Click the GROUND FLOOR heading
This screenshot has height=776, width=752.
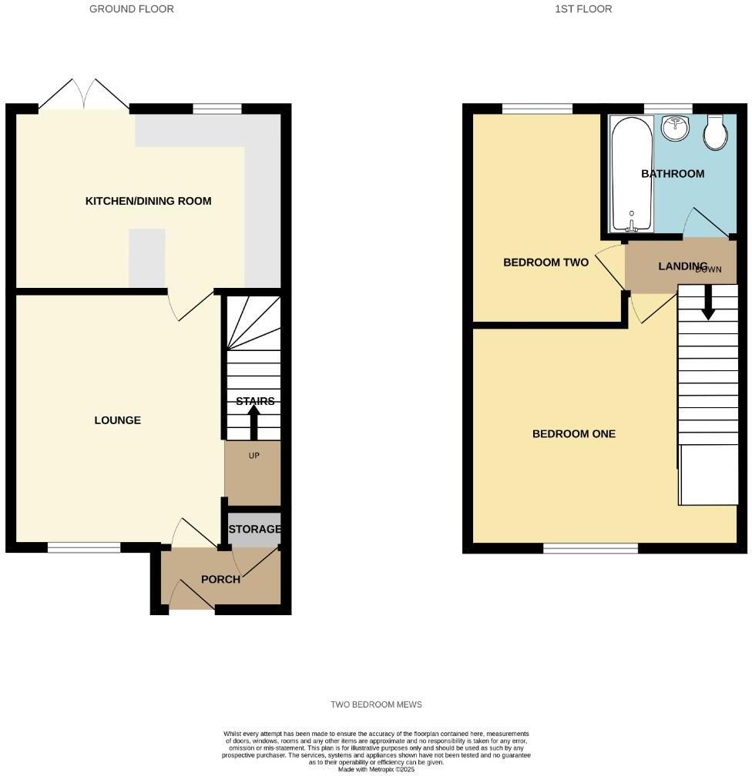(x=131, y=9)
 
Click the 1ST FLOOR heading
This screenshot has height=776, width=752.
(x=583, y=9)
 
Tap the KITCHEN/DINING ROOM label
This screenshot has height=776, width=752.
(x=148, y=201)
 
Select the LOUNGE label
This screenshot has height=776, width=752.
(x=117, y=420)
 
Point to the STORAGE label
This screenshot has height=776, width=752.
(x=254, y=529)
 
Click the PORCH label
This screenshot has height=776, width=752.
(x=220, y=579)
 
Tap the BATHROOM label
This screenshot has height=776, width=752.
(x=673, y=174)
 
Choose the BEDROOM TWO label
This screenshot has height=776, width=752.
(x=546, y=263)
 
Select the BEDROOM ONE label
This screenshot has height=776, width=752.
(x=574, y=434)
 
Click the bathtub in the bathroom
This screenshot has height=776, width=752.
(x=631, y=174)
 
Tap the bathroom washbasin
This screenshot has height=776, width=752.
(x=674, y=128)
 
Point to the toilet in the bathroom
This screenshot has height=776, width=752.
(x=715, y=132)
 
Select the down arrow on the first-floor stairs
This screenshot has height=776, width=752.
(x=708, y=302)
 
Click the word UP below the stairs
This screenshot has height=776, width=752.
(x=253, y=455)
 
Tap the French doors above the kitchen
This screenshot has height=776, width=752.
(x=84, y=94)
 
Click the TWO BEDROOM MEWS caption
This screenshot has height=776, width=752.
(x=376, y=704)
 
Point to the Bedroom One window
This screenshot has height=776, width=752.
(x=590, y=548)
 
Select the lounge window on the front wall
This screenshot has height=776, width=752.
(x=84, y=547)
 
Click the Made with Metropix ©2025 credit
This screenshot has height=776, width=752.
(x=376, y=770)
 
